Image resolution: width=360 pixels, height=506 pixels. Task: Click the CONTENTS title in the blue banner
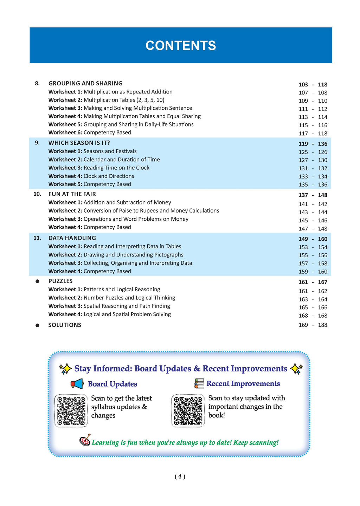tap(181, 46)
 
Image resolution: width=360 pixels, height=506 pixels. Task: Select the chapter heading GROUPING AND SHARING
tap(85, 83)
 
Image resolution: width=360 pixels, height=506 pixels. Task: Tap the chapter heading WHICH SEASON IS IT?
tap(79, 143)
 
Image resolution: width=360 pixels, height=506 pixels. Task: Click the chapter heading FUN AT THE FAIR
tap(72, 194)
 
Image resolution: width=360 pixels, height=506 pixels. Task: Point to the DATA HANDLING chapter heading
tap(72, 238)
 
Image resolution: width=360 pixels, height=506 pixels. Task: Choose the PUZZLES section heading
tap(60, 281)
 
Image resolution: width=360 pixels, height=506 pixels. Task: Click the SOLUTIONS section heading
tap(65, 325)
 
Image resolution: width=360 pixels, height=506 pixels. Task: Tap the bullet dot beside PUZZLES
tap(37, 281)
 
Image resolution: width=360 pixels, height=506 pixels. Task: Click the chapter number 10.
tap(37, 194)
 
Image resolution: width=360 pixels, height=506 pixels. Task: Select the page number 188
tap(322, 325)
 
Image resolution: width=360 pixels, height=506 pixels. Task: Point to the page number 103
tap(303, 85)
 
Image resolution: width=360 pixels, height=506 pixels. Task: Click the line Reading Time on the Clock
tap(116, 168)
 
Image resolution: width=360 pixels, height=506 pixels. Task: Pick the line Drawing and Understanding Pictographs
tap(133, 255)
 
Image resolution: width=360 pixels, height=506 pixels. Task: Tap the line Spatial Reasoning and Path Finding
tap(127, 306)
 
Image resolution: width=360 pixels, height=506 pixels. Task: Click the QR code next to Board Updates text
tap(71, 411)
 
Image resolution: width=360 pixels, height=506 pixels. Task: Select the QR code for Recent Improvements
tap(188, 411)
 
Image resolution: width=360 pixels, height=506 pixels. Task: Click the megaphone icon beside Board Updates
tap(77, 384)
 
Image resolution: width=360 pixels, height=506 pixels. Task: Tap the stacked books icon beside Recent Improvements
tap(199, 383)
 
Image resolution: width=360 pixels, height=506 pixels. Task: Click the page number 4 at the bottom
tap(180, 476)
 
